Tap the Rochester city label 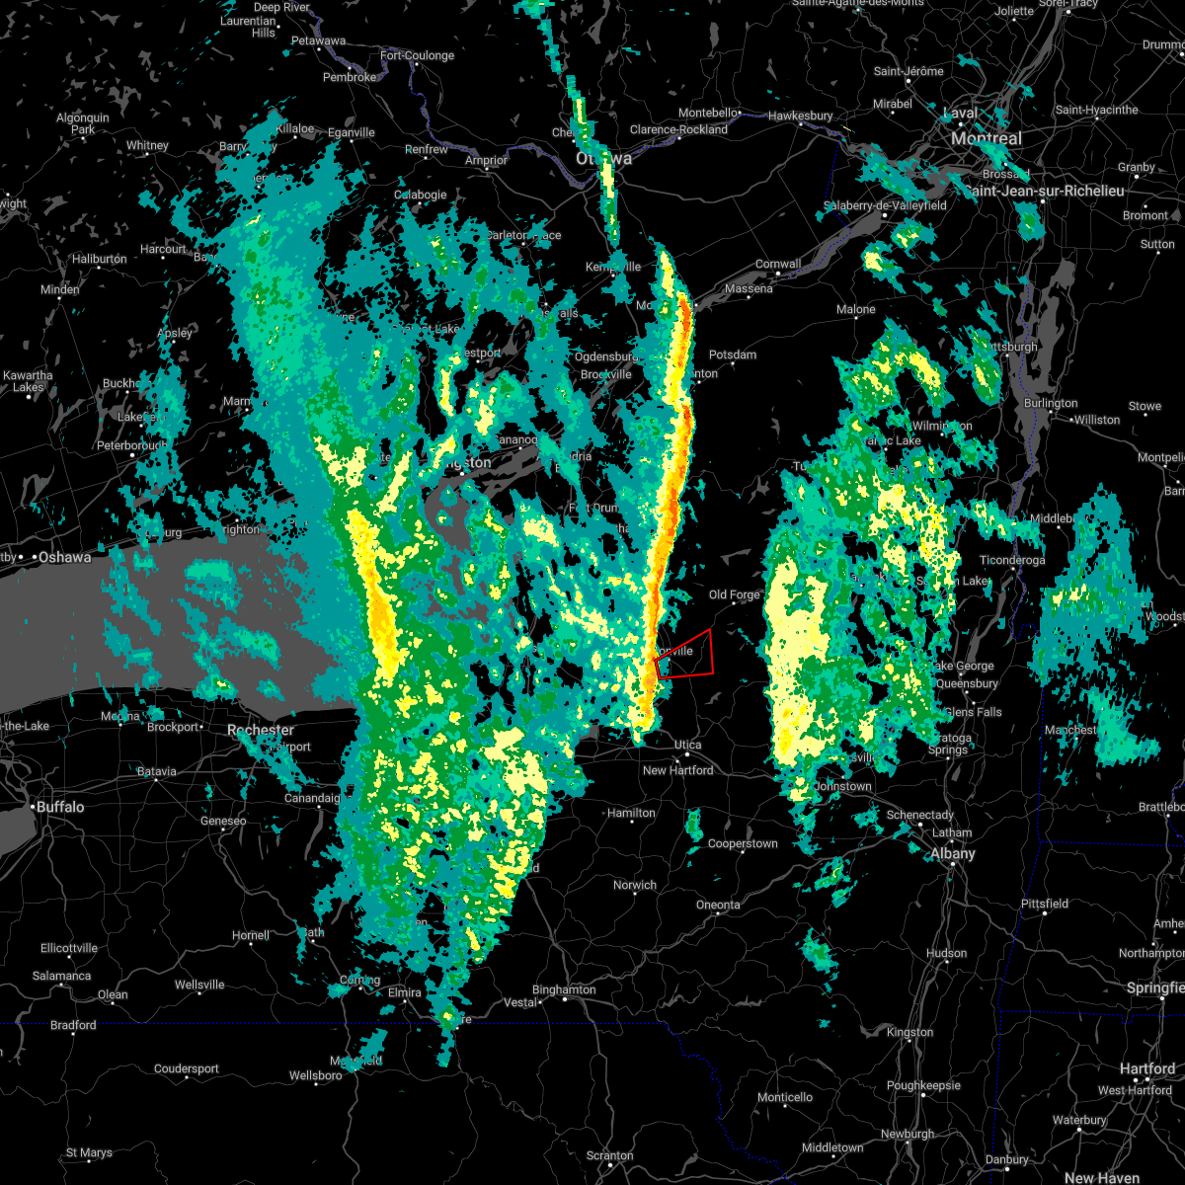click(261, 731)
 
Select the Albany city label click(953, 854)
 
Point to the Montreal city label click(987, 138)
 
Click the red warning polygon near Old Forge click(687, 654)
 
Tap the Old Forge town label click(735, 594)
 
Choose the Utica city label click(688, 745)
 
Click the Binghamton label click(564, 989)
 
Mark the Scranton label click(609, 1155)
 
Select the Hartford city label click(1148, 1068)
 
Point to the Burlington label click(1051, 403)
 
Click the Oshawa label click(64, 558)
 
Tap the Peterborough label click(131, 446)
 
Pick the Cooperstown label click(743, 844)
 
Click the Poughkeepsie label click(923, 1085)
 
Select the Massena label click(749, 289)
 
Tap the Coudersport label click(188, 1068)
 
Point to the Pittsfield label click(1045, 904)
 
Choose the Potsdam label click(733, 355)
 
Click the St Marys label click(89, 1152)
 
